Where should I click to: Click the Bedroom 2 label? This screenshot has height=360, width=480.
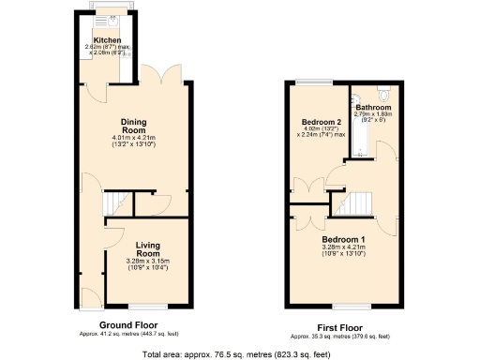click(321, 123)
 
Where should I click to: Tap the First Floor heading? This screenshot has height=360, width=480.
click(339, 328)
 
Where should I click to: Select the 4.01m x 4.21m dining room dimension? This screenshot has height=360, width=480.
click(138, 140)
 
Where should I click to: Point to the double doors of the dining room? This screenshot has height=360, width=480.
click(167, 75)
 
